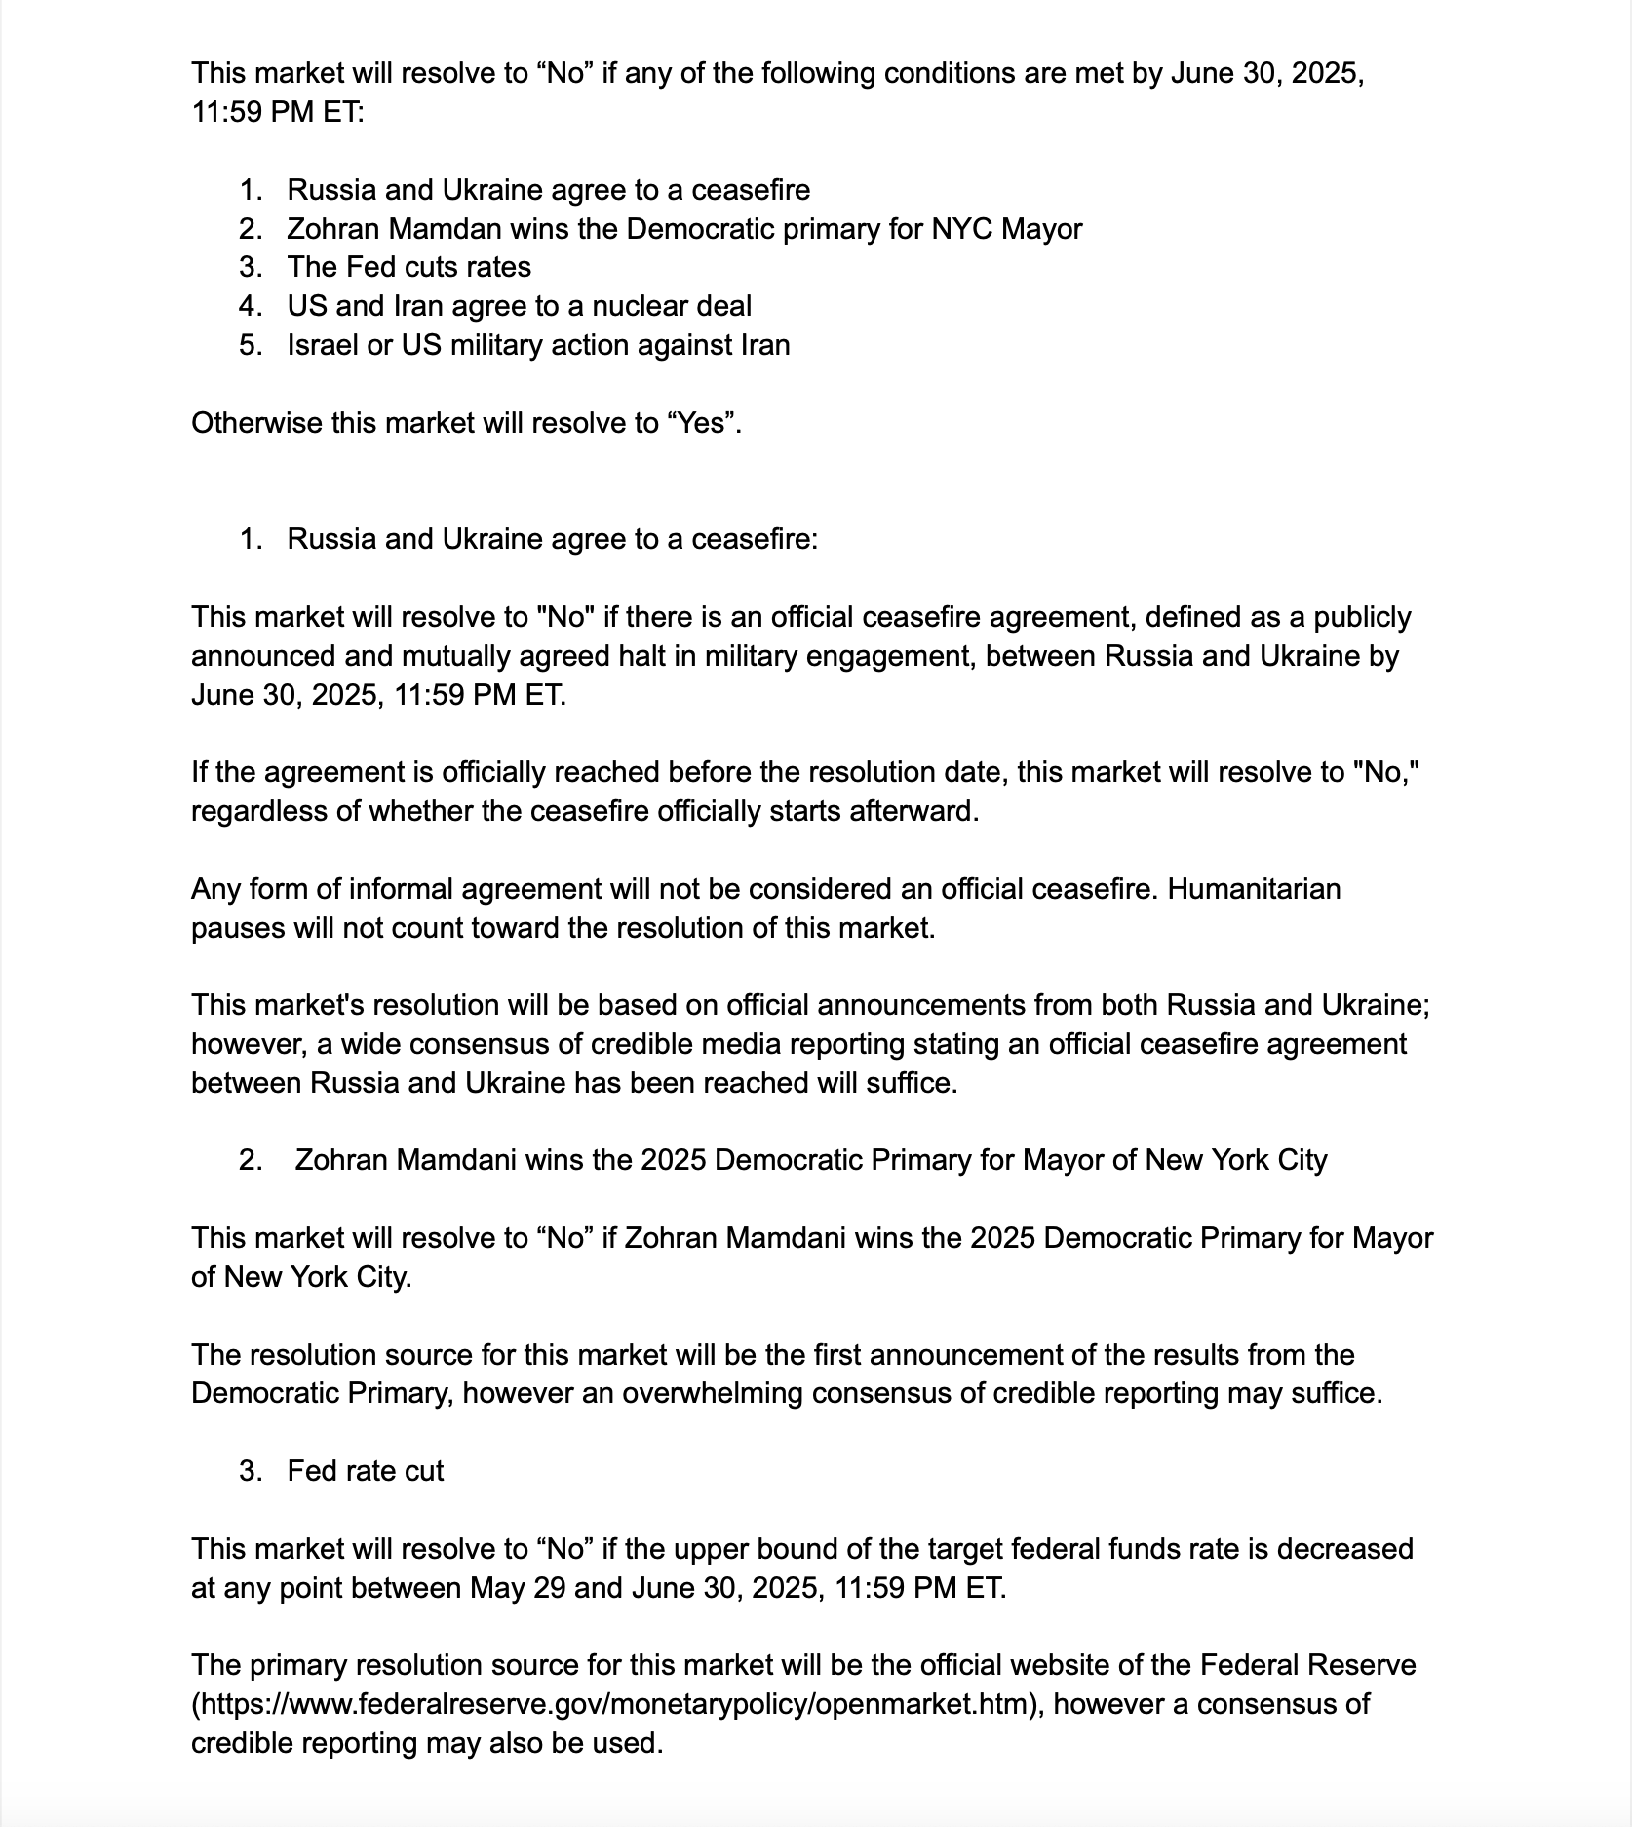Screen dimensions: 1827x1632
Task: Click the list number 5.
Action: tap(250, 345)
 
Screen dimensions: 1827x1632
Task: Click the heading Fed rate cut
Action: tap(365, 1471)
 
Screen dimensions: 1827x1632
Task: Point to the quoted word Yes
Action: tap(700, 423)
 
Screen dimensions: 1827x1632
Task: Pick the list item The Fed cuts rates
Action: tap(408, 267)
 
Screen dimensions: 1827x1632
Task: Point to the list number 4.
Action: tap(250, 306)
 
